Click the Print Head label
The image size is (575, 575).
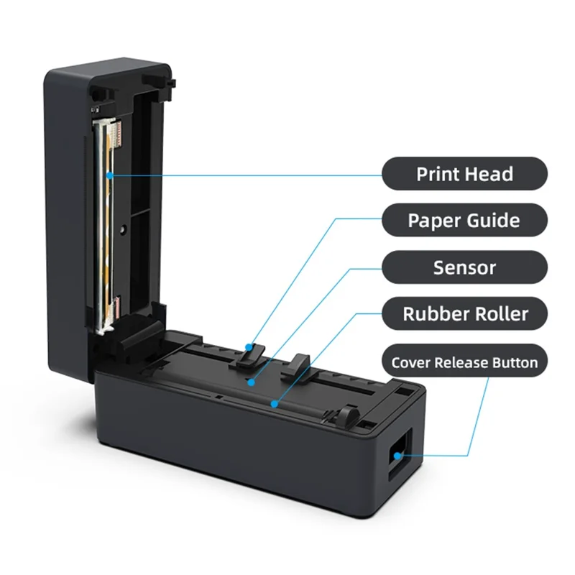click(464, 174)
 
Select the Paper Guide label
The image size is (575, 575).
click(464, 220)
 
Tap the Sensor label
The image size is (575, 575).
click(464, 267)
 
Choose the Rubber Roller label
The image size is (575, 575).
click(464, 313)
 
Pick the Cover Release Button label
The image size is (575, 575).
click(464, 362)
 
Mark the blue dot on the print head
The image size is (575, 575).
click(110, 174)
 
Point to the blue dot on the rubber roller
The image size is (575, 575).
click(274, 404)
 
